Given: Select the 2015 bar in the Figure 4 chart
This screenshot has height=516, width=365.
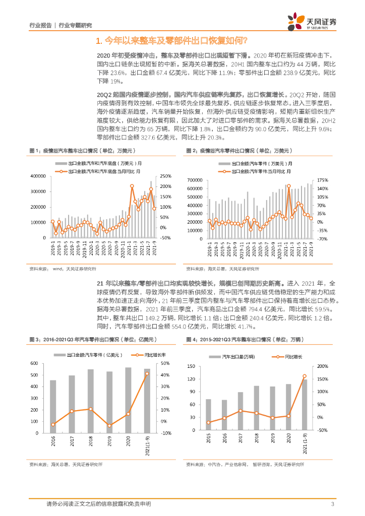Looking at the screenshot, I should (209, 415).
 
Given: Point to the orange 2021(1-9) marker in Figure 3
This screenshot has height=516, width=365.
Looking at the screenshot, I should (147, 373).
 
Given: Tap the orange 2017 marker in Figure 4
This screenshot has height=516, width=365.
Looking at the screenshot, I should (240, 411).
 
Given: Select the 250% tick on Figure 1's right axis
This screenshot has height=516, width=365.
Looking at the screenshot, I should (166, 176).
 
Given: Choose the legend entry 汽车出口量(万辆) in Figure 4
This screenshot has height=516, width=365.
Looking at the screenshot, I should (238, 356).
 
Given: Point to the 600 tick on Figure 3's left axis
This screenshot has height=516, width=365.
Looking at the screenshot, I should (34, 363).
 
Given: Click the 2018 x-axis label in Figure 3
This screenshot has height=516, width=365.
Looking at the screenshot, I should (90, 441).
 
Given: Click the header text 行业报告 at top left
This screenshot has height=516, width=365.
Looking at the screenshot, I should (40, 25).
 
